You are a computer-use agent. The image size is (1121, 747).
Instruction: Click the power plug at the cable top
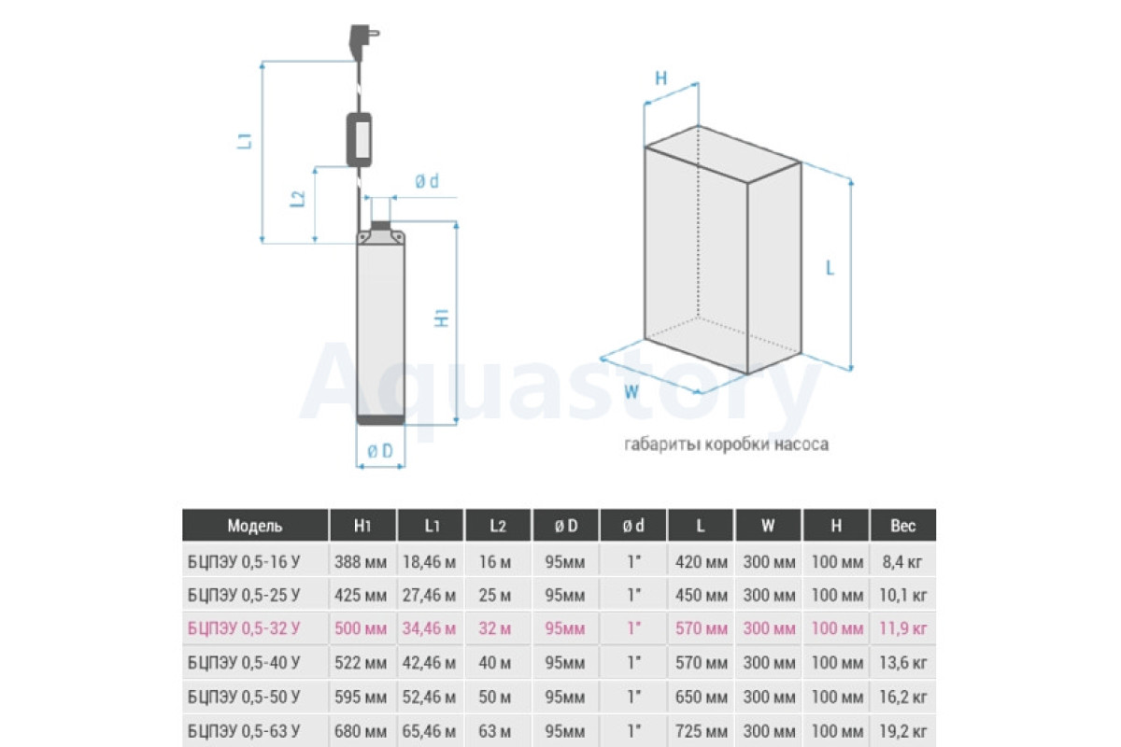(x=362, y=41)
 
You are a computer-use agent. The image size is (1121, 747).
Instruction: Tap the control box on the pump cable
(x=359, y=139)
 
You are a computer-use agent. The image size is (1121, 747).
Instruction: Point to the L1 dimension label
(x=244, y=141)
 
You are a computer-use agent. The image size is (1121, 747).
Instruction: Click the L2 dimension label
(x=298, y=199)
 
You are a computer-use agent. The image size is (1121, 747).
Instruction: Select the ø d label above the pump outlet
(x=427, y=181)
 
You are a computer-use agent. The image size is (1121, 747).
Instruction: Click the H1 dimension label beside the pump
(x=441, y=318)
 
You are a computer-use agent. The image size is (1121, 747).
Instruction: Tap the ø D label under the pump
(x=380, y=451)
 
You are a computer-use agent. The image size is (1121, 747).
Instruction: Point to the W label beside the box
(x=631, y=391)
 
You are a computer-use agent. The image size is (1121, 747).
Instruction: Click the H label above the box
(x=661, y=78)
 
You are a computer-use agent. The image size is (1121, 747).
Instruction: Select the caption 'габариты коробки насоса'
(x=726, y=444)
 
